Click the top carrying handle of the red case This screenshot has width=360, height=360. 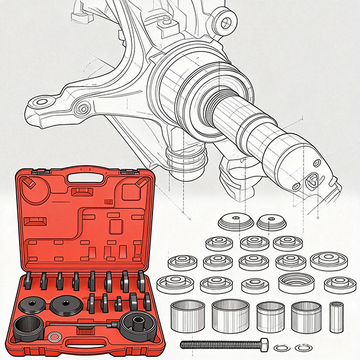(83, 178)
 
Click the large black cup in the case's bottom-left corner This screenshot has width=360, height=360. (28, 329)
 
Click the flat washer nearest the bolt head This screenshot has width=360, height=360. (280, 347)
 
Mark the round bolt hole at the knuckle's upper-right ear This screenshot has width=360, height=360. (226, 23)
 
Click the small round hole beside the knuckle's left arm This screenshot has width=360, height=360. (83, 109)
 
